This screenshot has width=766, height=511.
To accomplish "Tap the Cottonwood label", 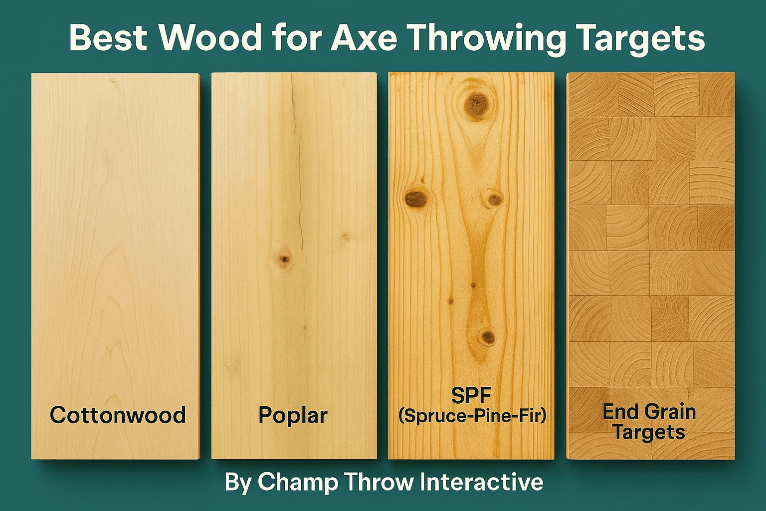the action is [x=118, y=415].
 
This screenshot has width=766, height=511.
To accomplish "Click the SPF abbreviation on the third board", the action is [x=471, y=396].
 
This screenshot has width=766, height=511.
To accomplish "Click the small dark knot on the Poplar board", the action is [x=283, y=260].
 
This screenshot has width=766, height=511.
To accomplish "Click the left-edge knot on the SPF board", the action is [x=416, y=198].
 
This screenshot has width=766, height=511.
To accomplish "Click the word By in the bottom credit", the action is [x=238, y=483].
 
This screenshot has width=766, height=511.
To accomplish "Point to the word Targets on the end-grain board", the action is [x=649, y=433].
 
